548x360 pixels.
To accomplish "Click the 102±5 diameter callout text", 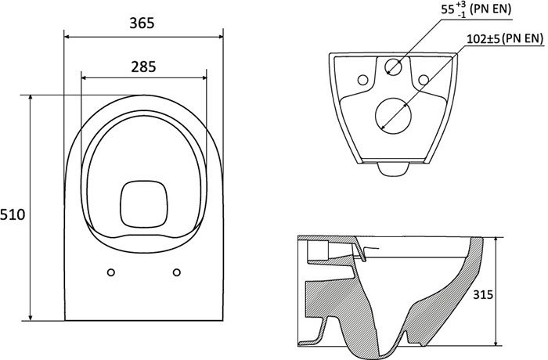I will click(478, 37).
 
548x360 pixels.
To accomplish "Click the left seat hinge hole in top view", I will click(110, 272).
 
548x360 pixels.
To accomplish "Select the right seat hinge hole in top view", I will click(177, 272).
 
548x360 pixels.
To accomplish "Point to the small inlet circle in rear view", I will click(393, 67).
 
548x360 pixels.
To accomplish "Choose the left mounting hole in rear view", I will click(362, 78).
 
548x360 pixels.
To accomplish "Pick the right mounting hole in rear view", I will click(424, 78).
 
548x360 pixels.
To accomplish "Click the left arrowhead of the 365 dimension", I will click(66, 36).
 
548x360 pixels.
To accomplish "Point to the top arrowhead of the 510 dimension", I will click(31, 98).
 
